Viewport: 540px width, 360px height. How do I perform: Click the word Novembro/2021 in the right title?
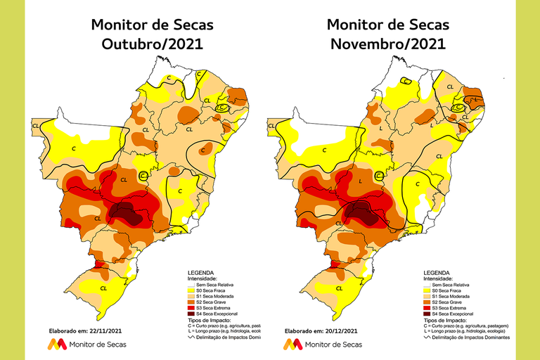click(x=387, y=44)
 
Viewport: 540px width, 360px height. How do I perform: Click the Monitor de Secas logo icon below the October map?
click(x=58, y=344)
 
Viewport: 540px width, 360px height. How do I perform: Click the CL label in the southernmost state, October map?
click(x=104, y=288)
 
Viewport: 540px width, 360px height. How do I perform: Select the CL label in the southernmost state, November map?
click(x=340, y=288)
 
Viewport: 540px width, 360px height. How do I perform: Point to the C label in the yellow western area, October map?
click(x=74, y=148)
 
